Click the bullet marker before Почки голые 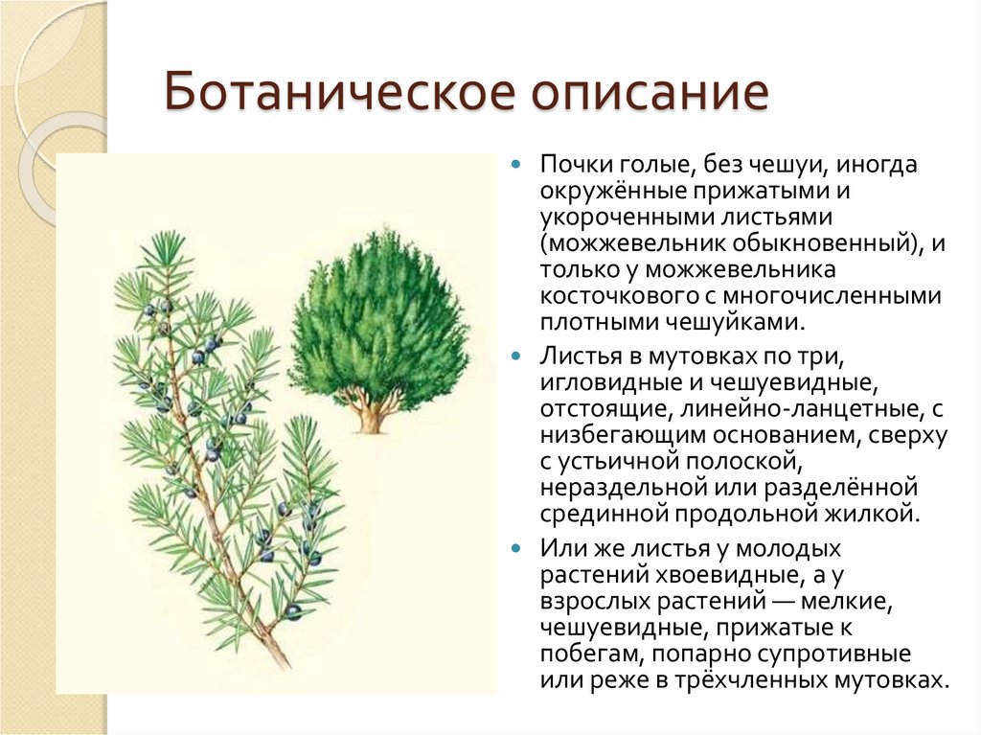(x=516, y=165)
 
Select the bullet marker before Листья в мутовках (x=516, y=356)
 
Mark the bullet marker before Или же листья (x=516, y=551)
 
